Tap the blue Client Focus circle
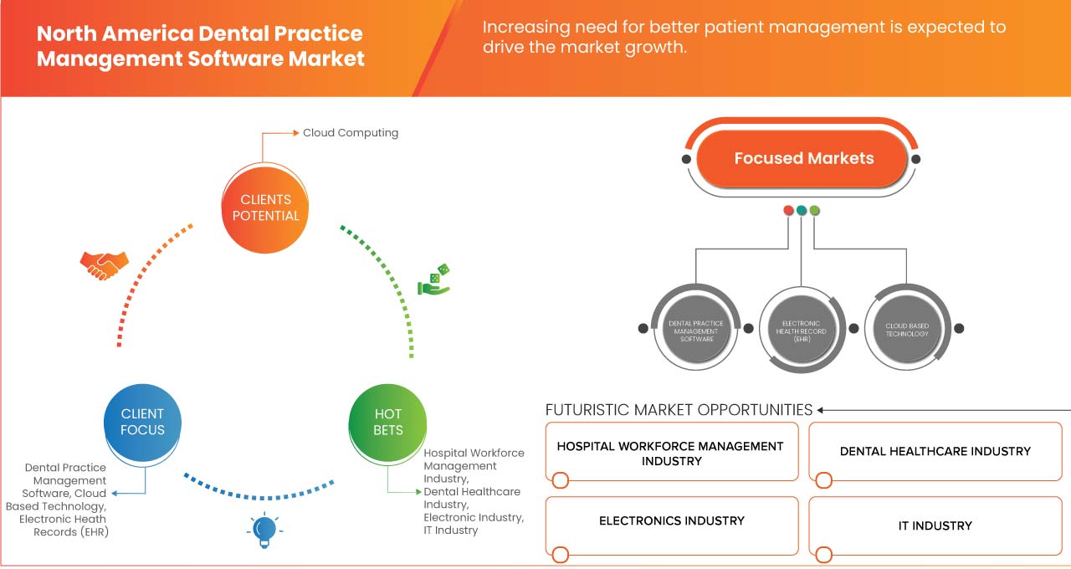click(142, 422)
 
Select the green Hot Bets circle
click(387, 422)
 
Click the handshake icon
click(104, 264)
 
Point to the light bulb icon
click(264, 530)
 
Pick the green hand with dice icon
click(435, 281)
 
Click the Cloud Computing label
click(351, 133)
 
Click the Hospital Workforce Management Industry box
click(672, 453)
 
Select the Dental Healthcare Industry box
click(935, 451)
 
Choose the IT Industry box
click(935, 525)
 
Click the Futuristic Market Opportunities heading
click(679, 410)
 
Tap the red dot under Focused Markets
click(788, 210)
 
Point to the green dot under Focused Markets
click(815, 210)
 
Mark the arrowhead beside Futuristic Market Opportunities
click(822, 410)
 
